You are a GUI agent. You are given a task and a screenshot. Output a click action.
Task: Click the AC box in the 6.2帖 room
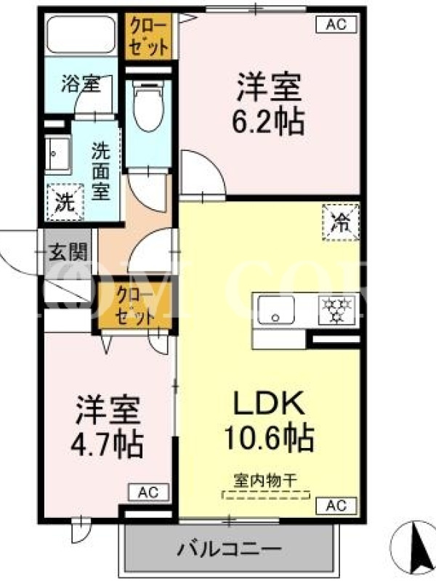click(336, 25)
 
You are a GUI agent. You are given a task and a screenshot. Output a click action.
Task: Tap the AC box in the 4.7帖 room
click(149, 492)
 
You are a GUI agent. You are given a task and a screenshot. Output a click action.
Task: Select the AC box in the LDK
click(336, 505)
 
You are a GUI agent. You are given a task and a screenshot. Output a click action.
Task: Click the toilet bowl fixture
click(148, 106)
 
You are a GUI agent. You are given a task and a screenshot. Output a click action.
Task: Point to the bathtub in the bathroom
click(81, 35)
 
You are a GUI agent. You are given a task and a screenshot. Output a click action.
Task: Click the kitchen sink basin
click(276, 310)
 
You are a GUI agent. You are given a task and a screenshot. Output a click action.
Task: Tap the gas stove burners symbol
click(336, 310)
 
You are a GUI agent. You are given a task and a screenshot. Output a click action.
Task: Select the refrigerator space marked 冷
click(341, 223)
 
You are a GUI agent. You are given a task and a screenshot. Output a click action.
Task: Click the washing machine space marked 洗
click(65, 203)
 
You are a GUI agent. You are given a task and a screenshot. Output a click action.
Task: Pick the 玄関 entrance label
click(68, 252)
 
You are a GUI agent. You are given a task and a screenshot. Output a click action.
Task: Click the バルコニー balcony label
click(229, 549)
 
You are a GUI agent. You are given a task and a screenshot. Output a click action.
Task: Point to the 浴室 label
click(81, 83)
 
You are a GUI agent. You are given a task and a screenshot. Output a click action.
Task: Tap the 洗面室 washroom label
click(100, 171)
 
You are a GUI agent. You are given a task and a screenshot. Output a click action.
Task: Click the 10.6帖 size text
click(270, 438)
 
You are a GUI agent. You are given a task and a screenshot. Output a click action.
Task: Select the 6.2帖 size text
click(268, 121)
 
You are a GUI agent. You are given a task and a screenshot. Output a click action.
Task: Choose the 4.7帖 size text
click(107, 444)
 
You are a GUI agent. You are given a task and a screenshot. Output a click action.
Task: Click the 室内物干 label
click(265, 481)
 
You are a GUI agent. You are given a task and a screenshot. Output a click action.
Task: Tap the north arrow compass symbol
click(414, 548)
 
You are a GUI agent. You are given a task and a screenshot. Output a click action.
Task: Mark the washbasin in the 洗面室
click(57, 155)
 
